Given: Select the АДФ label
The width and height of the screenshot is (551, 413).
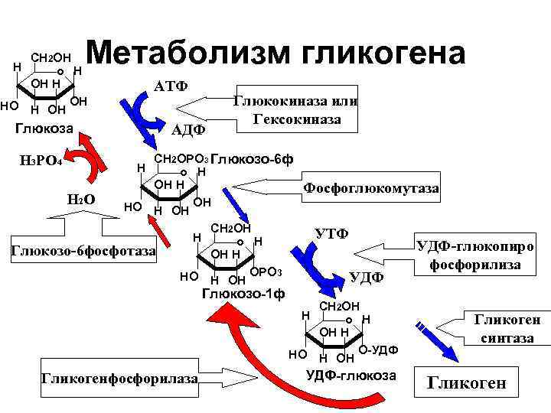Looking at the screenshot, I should (187, 130).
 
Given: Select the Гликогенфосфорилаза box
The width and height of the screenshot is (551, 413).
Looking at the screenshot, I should (119, 379).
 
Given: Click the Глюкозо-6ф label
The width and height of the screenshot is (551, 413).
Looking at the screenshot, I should (251, 160).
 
